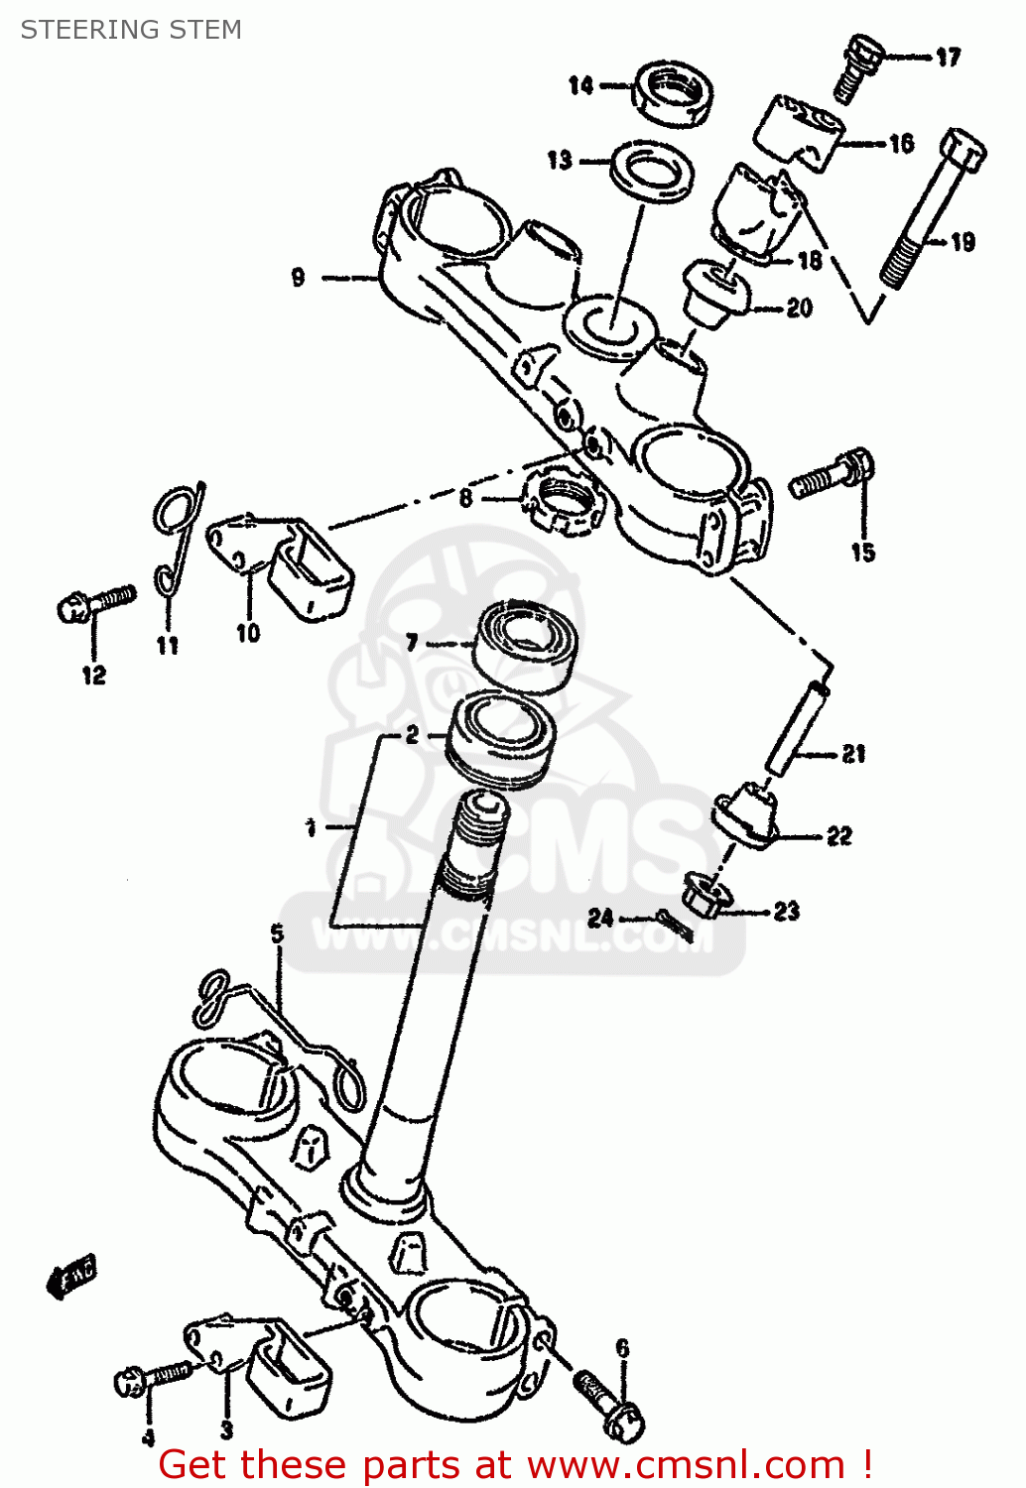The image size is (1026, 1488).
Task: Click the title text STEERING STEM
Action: [131, 30]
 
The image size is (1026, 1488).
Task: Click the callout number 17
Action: [949, 58]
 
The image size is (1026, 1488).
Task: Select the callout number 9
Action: [298, 278]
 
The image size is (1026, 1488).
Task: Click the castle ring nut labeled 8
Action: [563, 497]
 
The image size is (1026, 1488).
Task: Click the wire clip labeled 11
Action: [178, 541]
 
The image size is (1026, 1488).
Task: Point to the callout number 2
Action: [412, 735]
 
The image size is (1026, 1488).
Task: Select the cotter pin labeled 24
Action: [675, 924]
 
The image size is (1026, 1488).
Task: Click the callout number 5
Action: [277, 933]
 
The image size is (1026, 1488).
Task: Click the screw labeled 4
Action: [154, 1377]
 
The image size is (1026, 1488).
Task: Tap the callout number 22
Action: [839, 836]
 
